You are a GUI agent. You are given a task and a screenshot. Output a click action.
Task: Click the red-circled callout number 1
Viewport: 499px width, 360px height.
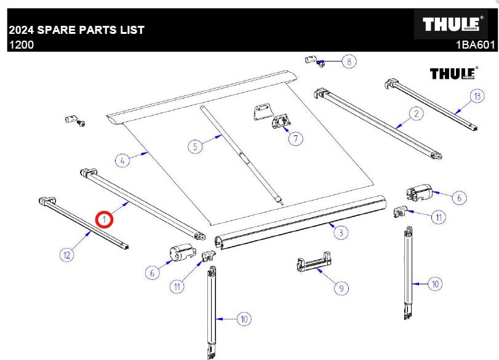pyautogui.click(x=105, y=220)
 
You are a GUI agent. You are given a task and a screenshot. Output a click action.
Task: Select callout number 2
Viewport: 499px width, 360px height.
pyautogui.click(x=417, y=114)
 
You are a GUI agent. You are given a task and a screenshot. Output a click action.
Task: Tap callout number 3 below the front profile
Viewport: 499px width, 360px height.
pyautogui.click(x=341, y=233)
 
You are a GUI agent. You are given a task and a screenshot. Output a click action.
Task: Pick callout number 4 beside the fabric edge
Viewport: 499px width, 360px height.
pyautogui.click(x=122, y=161)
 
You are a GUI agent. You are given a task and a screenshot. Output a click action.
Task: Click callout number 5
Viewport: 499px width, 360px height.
pyautogui.click(x=196, y=146)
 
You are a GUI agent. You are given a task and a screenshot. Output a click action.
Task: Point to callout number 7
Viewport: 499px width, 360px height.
pyautogui.click(x=295, y=139)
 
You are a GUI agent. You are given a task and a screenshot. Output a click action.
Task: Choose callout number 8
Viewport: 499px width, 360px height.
pyautogui.click(x=349, y=61)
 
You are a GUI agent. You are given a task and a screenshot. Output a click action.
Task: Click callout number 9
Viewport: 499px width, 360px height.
pyautogui.click(x=341, y=288)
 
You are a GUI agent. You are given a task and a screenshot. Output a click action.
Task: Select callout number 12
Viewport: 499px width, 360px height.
pyautogui.click(x=67, y=255)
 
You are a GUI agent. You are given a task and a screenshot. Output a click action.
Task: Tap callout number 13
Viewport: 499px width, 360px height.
pyautogui.click(x=477, y=96)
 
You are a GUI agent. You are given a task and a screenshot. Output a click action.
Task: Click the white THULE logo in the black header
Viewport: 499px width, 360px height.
pyautogui.click(x=452, y=24)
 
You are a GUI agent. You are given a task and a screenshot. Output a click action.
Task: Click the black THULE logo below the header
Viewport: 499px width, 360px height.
pyautogui.click(x=454, y=73)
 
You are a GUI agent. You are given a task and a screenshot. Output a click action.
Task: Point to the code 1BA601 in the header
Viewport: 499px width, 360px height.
pyautogui.click(x=476, y=45)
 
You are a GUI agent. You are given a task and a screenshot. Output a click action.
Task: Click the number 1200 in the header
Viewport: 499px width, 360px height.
pyautogui.click(x=22, y=44)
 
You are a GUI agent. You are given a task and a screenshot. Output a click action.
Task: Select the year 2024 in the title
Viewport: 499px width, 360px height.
pyautogui.click(x=22, y=30)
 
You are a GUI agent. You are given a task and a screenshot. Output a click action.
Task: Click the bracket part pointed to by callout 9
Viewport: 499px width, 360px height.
pyautogui.click(x=314, y=262)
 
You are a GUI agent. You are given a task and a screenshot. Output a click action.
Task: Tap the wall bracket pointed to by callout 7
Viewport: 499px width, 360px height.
pyautogui.click(x=280, y=121)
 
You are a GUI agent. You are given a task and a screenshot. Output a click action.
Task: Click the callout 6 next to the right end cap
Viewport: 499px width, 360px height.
pyautogui.click(x=459, y=198)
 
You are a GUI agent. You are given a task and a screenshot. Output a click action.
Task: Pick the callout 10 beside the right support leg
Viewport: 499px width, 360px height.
pyautogui.click(x=435, y=284)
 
